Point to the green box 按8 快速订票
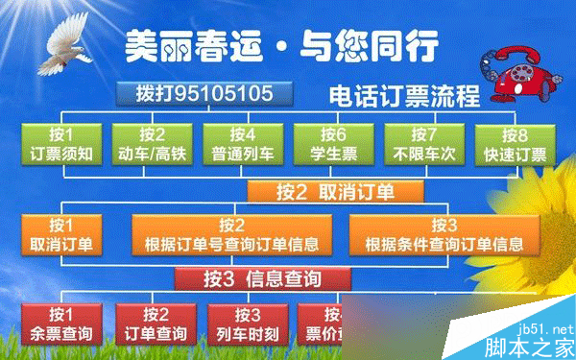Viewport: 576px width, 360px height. pos(513,145)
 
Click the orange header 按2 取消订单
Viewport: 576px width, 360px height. pos(335,190)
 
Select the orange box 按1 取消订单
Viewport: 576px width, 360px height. pos(60,235)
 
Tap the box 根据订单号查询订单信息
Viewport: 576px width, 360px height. pos(231,235)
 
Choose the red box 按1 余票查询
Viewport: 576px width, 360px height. pos(60,324)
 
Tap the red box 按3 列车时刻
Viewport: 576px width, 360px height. pos(247,324)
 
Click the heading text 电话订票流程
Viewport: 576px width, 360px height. pos(403,96)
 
